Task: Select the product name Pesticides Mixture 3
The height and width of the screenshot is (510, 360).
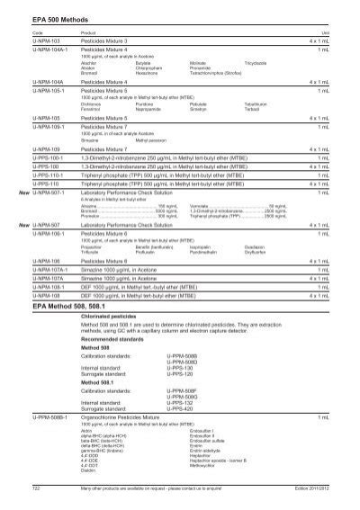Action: (105, 41)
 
